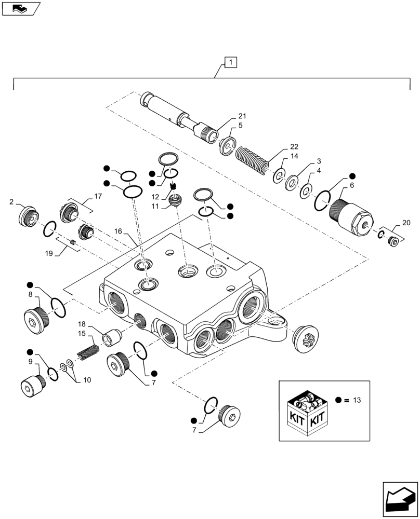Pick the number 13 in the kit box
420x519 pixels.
(x=357, y=400)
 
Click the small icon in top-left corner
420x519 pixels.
(x=20, y=8)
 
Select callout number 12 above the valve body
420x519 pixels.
(x=155, y=197)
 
